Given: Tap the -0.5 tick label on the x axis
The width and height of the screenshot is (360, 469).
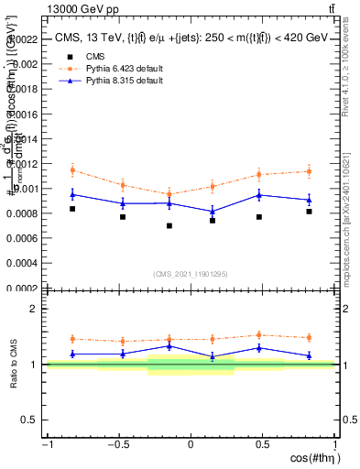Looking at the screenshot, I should coord(118,444).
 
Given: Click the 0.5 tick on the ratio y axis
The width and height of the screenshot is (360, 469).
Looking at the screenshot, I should coord(32,420).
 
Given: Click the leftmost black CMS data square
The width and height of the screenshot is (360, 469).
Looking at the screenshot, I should coord(72,209).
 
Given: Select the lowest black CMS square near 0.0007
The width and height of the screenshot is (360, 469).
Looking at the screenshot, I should coord(169,225).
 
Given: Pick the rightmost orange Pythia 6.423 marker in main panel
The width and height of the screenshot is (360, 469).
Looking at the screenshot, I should coord(309,171).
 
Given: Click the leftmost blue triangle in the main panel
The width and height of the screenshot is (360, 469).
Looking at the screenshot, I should coord(72,194).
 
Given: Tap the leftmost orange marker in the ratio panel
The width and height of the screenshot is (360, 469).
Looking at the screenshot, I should coord(72,339).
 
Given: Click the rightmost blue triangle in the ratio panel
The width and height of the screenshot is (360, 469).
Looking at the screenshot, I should coord(309,355).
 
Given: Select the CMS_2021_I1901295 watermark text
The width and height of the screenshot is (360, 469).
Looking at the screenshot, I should coord(190,274).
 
